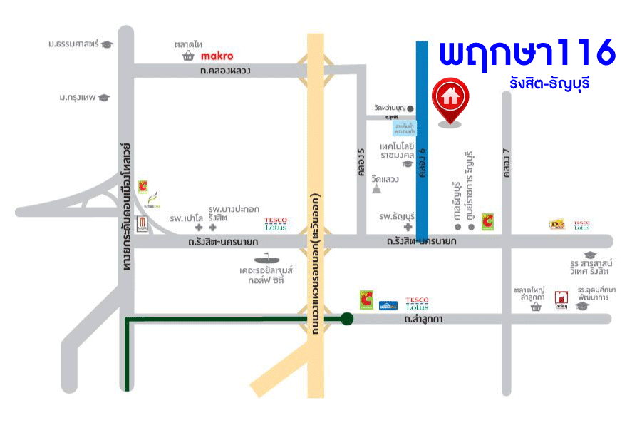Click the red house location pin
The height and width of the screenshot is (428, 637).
pyautogui.click(x=450, y=98)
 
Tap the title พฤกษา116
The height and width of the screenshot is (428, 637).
pyautogui.click(x=527, y=53)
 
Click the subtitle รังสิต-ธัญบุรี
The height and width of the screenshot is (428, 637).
pyautogui.click(x=549, y=83)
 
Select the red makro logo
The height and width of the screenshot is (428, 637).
pyautogui.click(x=217, y=56)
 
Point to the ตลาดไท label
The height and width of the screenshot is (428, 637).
pyautogui.click(x=188, y=44)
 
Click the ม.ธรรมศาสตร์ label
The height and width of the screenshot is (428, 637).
pyautogui.click(x=74, y=44)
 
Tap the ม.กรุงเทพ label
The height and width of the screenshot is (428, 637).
pyautogui.click(x=78, y=97)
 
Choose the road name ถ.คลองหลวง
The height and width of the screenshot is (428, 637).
pyautogui.click(x=225, y=71)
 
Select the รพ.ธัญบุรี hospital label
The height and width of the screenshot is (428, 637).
pyautogui.click(x=397, y=216)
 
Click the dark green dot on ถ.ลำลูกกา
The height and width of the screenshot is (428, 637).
pyautogui.click(x=346, y=319)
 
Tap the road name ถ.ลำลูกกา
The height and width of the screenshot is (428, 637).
pyautogui.click(x=423, y=319)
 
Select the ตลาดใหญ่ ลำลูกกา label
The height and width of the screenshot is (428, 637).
pyautogui.click(x=529, y=294)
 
